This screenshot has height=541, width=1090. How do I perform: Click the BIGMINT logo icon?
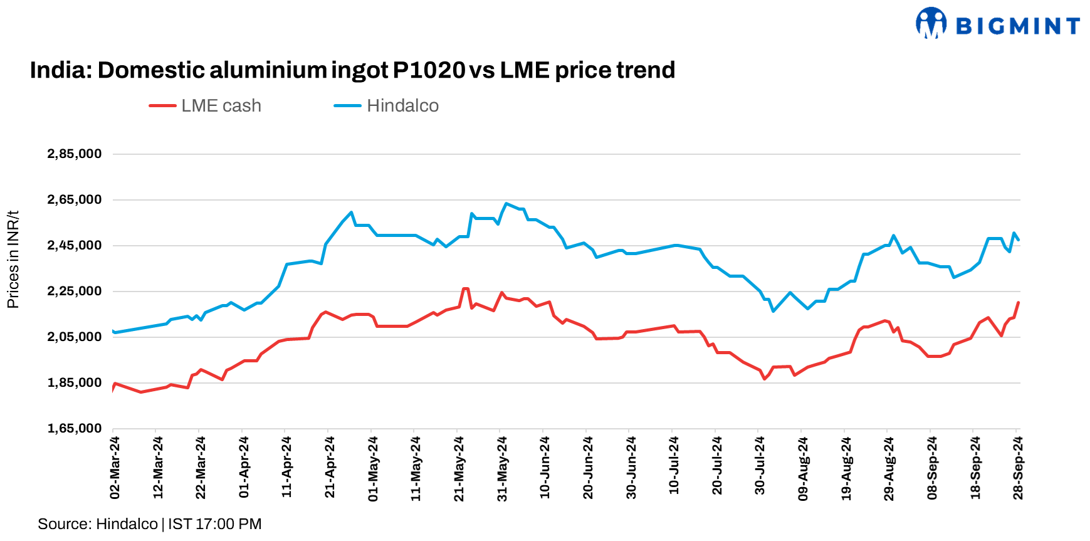click(x=931, y=23)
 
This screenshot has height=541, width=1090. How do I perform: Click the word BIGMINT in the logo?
click(x=1017, y=26)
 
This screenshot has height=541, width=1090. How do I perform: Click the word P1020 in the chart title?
click(x=429, y=70)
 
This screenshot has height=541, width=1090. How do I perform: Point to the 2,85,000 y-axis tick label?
click(x=75, y=154)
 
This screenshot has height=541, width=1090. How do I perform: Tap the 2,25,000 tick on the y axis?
click(x=75, y=292)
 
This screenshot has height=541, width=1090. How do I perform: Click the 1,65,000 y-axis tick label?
click(x=75, y=429)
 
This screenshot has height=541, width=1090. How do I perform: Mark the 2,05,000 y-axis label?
click(x=75, y=337)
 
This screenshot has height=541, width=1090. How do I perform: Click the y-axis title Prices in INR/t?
click(x=13, y=260)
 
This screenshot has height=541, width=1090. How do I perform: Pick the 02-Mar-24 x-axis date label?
click(x=115, y=468)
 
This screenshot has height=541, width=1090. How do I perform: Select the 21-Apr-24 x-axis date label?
click(x=330, y=468)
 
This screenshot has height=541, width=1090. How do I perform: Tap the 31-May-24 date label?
click(x=502, y=468)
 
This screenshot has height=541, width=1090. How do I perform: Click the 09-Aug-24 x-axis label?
click(x=803, y=468)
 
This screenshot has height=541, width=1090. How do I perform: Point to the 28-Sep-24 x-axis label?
click(x=1018, y=468)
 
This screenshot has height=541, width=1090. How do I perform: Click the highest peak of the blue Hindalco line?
click(x=506, y=204)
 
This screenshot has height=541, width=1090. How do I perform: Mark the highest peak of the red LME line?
click(x=465, y=289)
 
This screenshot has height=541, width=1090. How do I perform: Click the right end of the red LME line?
click(x=1018, y=303)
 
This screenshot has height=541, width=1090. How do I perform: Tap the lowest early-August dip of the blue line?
click(x=773, y=311)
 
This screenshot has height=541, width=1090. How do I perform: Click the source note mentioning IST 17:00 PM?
click(x=150, y=524)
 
